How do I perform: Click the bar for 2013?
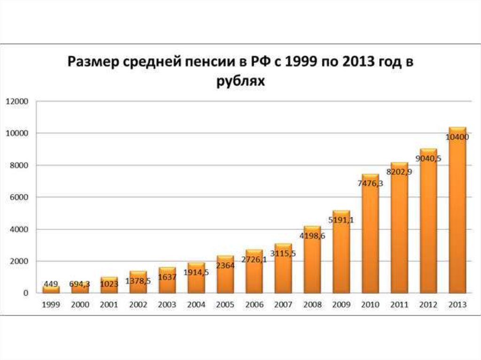tap(458, 211)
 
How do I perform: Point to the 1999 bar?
tap(51, 289)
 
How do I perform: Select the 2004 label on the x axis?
tap(196, 304)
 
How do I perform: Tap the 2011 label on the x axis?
tap(399, 304)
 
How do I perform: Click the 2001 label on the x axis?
tap(109, 304)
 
